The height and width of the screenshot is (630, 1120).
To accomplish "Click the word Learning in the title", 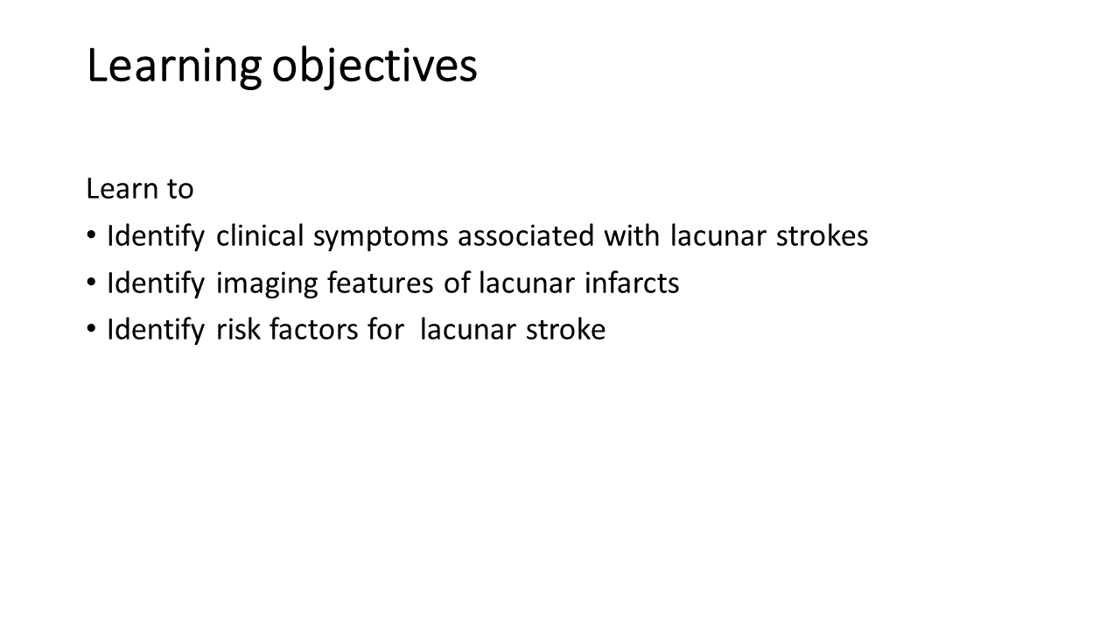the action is (x=174, y=66).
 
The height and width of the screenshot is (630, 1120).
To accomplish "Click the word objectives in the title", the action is (x=374, y=66).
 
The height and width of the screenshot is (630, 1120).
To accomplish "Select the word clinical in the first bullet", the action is (x=260, y=235).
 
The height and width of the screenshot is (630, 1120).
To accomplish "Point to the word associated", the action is (x=526, y=235).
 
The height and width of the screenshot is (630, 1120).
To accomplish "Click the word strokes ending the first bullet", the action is (x=822, y=235).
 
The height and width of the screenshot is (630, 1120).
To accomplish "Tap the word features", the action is (x=380, y=283).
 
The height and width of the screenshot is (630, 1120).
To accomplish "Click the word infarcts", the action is (x=632, y=283).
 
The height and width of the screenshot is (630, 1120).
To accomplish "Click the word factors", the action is (x=314, y=329).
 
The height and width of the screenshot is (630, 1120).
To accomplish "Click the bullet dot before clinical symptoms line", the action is (x=91, y=235).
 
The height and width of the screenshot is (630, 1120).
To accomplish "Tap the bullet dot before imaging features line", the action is (x=91, y=282).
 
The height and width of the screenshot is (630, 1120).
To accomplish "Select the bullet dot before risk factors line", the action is (x=91, y=328).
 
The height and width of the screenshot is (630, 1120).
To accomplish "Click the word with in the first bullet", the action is (x=632, y=235).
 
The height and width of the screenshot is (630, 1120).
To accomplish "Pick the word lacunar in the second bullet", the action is (x=527, y=283).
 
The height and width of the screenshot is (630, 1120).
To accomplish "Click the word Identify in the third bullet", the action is (x=156, y=331).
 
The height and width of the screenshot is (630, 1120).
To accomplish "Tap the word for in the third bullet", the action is (x=386, y=329).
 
